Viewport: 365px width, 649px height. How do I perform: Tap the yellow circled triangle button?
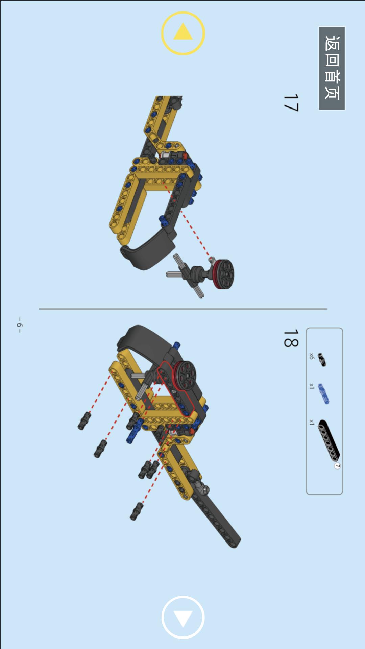[x=183, y=33]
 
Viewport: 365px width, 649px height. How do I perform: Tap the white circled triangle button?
[x=183, y=617]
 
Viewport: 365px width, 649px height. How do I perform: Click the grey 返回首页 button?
[x=332, y=68]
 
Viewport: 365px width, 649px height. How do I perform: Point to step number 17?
[x=291, y=103]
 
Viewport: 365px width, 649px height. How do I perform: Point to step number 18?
[x=291, y=338]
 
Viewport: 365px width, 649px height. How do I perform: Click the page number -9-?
[x=20, y=325]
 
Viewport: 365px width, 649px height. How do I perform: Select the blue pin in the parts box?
[x=324, y=394]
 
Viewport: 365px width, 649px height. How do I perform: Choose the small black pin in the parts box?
[x=322, y=360]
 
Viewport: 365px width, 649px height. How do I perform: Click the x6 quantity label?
[x=312, y=356]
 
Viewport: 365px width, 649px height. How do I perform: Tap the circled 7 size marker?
[x=337, y=466]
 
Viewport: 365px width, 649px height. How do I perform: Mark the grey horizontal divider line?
[x=183, y=309]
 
